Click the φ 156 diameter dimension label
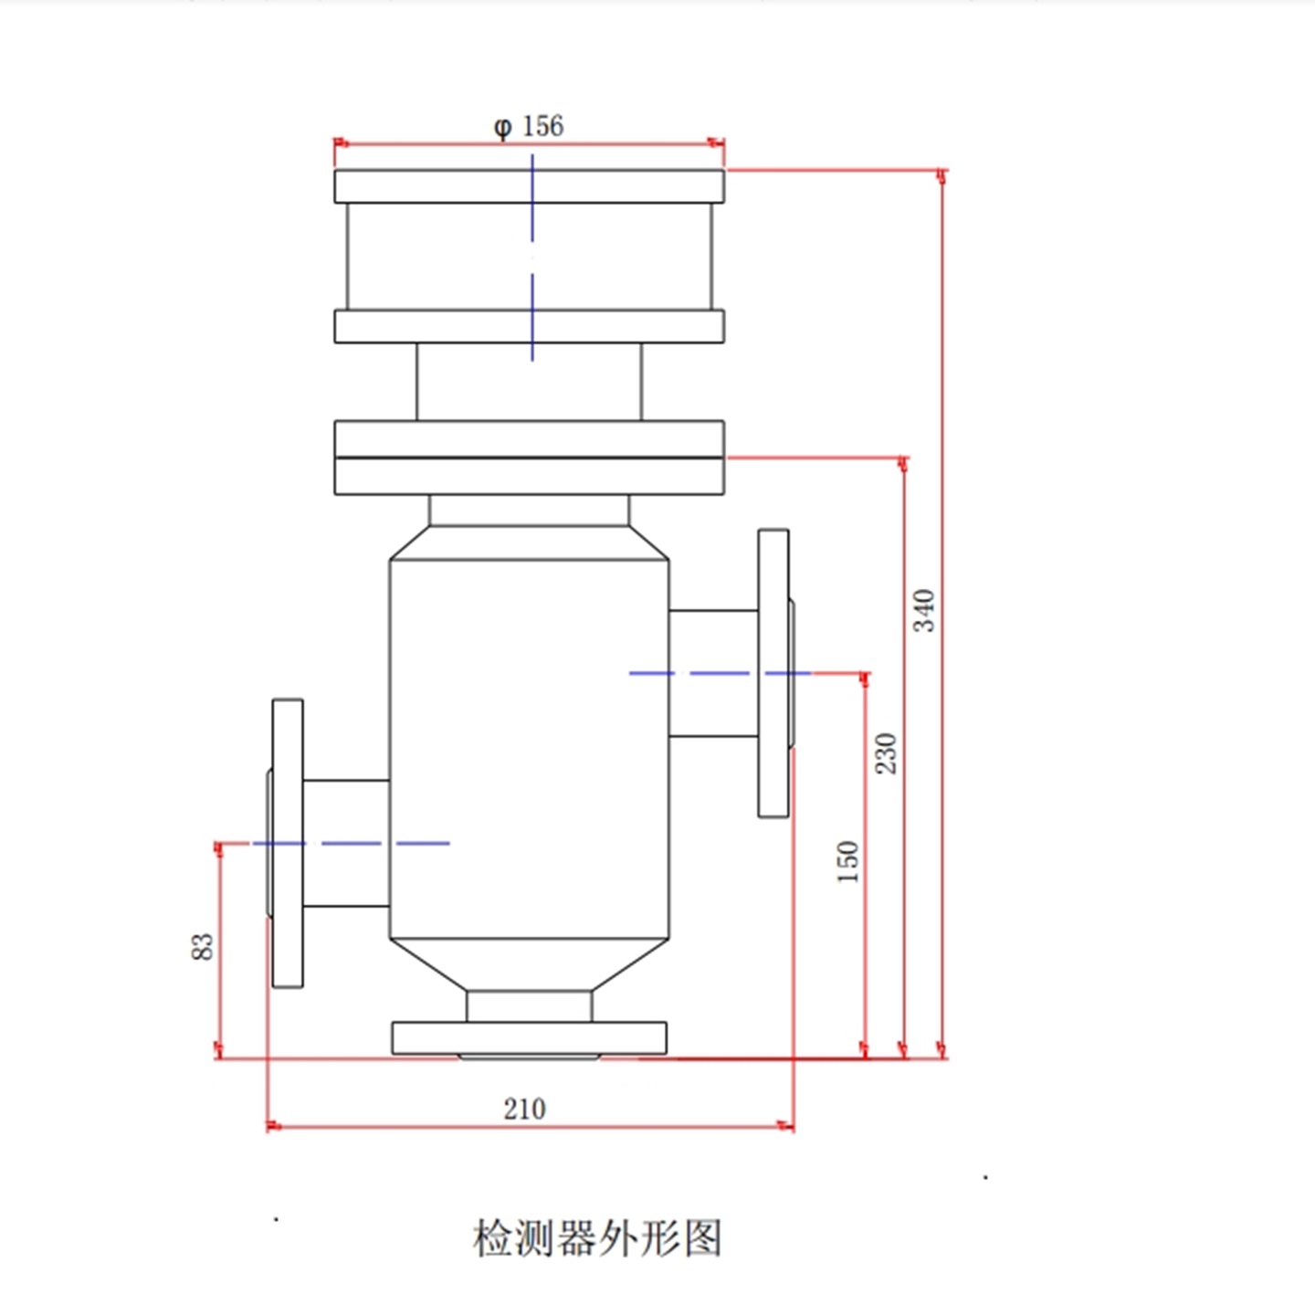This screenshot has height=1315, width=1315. click(x=529, y=126)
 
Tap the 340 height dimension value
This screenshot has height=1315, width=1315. click(x=924, y=610)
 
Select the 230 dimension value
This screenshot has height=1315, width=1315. click(x=886, y=752)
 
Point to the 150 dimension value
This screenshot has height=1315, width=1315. click(x=847, y=861)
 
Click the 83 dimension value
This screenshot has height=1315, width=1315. click(x=202, y=946)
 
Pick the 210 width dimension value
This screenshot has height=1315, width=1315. click(x=524, y=1109)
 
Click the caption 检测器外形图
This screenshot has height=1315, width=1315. click(x=597, y=1238)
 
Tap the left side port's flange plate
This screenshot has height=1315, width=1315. click(x=288, y=843)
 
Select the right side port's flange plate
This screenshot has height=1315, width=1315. click(x=773, y=673)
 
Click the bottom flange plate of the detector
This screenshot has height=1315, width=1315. click(x=529, y=1038)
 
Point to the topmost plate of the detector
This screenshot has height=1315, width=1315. click(x=529, y=186)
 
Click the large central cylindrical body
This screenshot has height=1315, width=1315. click(x=529, y=749)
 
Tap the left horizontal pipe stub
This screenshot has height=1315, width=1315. click(x=346, y=843)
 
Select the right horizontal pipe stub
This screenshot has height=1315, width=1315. click(x=713, y=673)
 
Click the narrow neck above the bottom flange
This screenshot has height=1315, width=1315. click(x=529, y=1006)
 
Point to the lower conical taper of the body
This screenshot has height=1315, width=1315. click(x=529, y=964)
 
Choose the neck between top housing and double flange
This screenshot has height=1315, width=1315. click(x=529, y=382)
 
